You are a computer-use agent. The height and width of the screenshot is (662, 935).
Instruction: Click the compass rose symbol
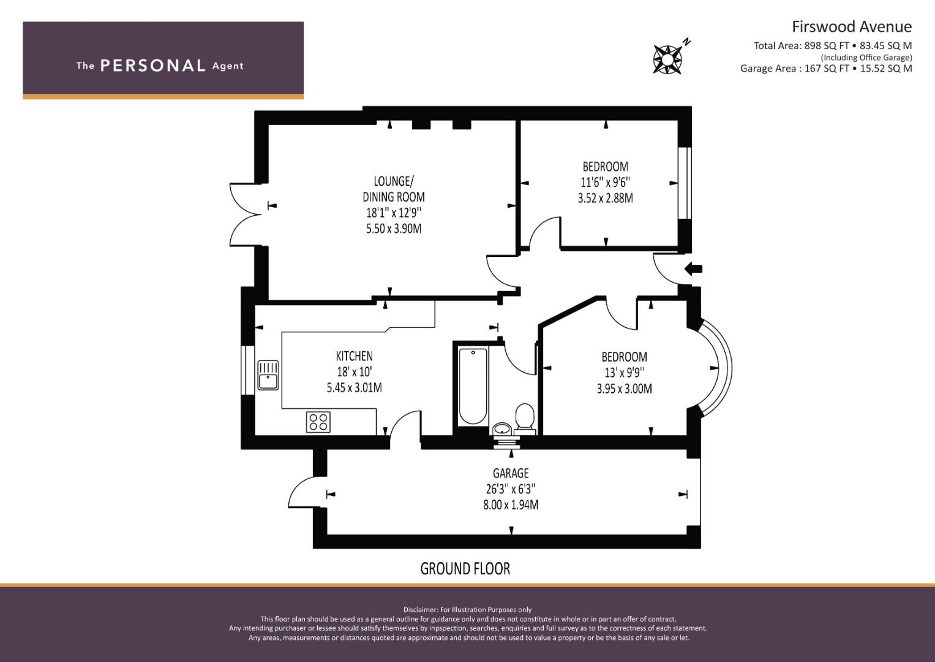tap(668, 59)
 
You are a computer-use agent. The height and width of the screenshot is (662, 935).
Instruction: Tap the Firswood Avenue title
tap(852, 27)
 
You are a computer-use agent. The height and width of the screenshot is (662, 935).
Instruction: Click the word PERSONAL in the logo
tap(153, 66)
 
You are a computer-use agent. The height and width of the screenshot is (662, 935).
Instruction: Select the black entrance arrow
tap(693, 268)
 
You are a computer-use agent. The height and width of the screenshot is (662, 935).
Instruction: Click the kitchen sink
tap(268, 375)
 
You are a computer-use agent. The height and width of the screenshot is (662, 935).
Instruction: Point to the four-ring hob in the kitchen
tap(318, 422)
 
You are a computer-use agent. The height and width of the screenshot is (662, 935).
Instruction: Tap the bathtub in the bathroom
tap(473, 387)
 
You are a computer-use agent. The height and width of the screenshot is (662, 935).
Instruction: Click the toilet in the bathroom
tap(525, 418)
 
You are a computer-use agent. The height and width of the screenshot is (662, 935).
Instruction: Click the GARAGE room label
tap(511, 473)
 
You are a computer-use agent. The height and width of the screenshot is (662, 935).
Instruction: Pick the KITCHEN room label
tap(354, 356)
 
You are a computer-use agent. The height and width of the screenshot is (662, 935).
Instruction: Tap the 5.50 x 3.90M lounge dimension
tap(394, 229)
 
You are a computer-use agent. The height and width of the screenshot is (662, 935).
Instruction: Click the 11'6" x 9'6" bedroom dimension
tap(605, 182)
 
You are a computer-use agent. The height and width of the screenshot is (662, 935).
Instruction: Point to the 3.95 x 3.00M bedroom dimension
tap(624, 389)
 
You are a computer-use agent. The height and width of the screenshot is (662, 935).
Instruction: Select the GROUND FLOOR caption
tap(465, 569)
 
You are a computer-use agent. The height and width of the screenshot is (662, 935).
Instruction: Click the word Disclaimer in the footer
tap(420, 610)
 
